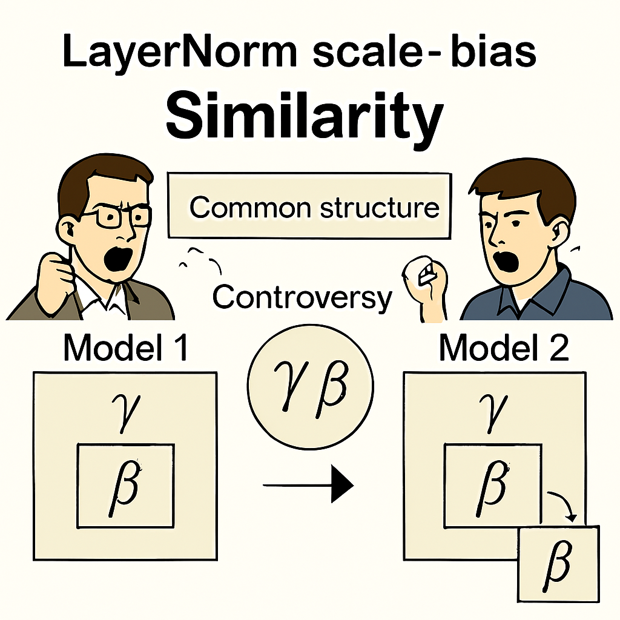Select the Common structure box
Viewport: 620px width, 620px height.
(309, 207)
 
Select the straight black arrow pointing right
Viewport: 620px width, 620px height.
(308, 484)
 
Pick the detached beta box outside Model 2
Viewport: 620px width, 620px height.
(558, 562)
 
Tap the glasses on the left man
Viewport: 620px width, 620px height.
(119, 216)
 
